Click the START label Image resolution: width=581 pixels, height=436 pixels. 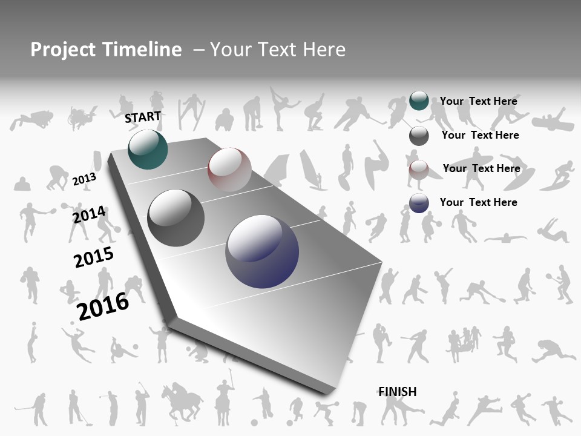click(x=143, y=117)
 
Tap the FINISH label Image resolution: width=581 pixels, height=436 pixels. click(x=397, y=391)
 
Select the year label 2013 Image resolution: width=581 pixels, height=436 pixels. click(x=84, y=179)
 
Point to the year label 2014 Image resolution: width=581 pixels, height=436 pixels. click(x=89, y=215)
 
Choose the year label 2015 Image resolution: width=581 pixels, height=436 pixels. click(x=94, y=257)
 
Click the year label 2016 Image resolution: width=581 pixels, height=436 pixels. click(x=103, y=306)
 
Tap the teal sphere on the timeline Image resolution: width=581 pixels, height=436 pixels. click(x=148, y=149)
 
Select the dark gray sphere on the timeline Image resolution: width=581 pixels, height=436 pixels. click(x=176, y=218)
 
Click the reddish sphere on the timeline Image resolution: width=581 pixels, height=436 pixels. click(x=229, y=169)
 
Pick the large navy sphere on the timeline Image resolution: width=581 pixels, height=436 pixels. click(x=262, y=251)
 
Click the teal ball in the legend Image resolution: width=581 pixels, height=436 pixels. click(x=419, y=101)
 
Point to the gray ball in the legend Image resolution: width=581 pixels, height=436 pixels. click(x=419, y=136)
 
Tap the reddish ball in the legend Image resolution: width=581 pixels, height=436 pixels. click(x=419, y=169)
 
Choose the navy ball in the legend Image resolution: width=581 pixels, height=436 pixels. click(x=419, y=203)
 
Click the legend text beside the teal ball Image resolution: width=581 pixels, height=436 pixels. click(x=478, y=101)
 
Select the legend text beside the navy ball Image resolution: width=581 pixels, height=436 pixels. click(x=478, y=202)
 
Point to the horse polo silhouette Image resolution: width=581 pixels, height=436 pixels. click(x=182, y=400)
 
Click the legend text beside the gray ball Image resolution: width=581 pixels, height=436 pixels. click(x=480, y=135)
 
